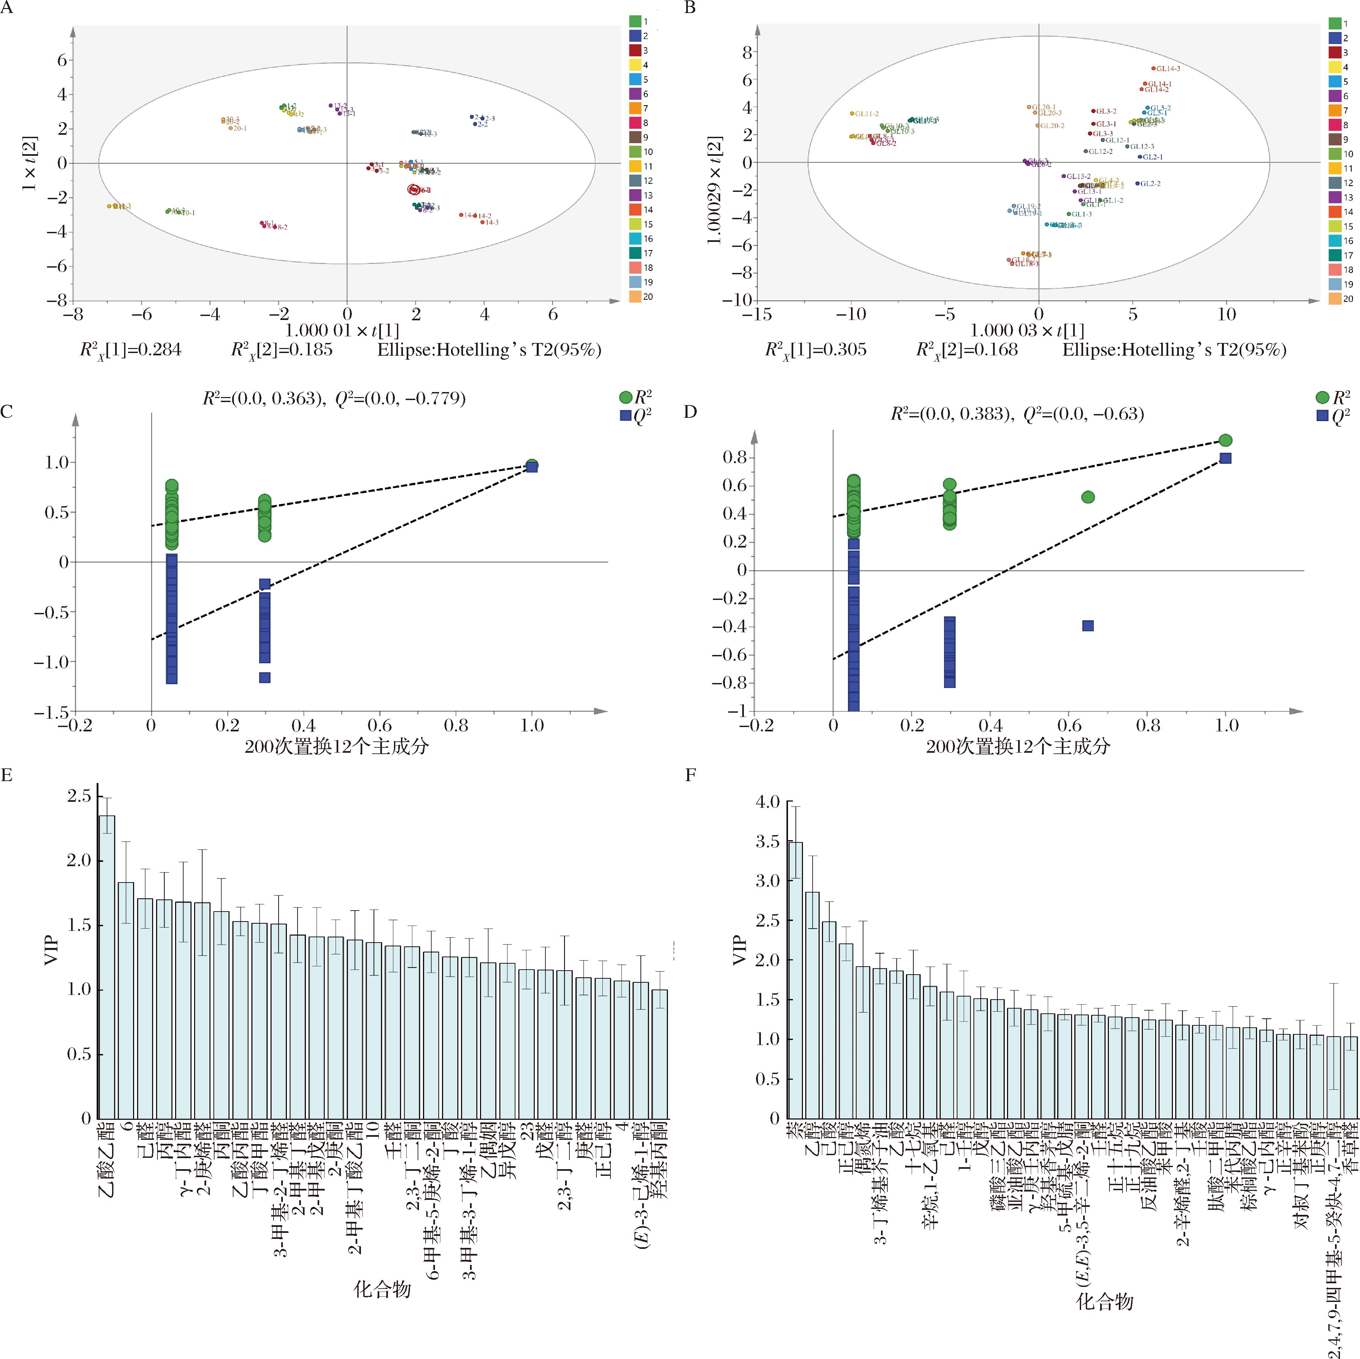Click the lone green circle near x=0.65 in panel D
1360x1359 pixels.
[1087, 497]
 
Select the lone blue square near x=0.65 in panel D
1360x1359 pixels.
[1087, 625]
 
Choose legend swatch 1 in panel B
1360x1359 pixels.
[1335, 23]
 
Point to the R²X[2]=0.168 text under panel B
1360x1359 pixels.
[966, 350]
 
